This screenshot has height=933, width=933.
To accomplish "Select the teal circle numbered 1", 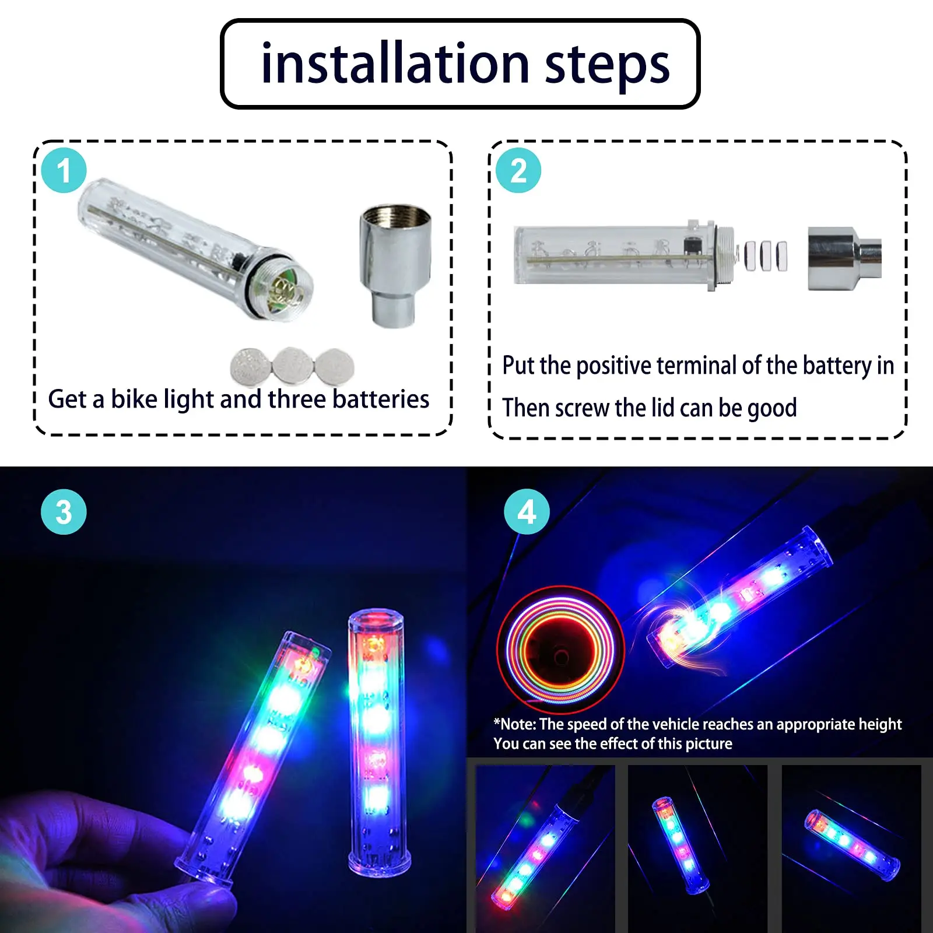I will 64,170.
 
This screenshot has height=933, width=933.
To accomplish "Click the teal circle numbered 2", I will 518,170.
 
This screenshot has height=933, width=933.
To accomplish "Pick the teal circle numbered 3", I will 64,511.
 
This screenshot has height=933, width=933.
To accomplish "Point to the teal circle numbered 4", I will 527,511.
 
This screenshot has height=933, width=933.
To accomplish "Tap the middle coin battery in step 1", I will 293,366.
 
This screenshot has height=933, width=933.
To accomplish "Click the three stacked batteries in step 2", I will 765,255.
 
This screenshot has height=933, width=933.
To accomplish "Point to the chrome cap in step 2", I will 843,258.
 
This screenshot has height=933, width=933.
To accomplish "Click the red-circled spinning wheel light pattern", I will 560,650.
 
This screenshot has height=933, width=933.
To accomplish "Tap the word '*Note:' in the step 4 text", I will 514,724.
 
